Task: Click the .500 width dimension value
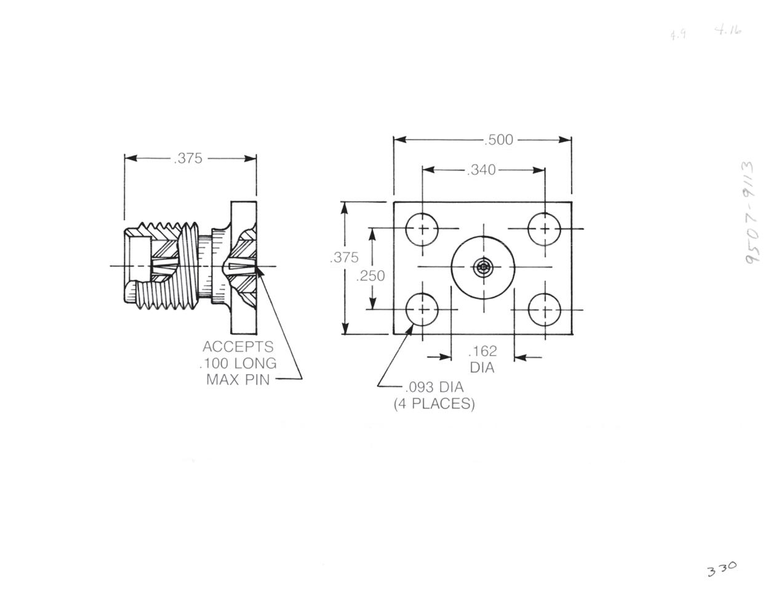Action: tap(498, 140)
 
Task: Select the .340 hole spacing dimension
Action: tap(481, 169)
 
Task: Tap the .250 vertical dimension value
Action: tap(370, 276)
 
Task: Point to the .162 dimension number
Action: tap(482, 351)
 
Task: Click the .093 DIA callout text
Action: tap(434, 388)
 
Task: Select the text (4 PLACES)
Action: tap(434, 404)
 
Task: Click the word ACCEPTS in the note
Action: tap(238, 346)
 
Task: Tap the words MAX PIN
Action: tap(238, 379)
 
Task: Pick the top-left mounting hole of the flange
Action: tap(422, 229)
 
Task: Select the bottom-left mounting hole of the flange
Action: tap(422, 309)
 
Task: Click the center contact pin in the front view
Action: tap(484, 267)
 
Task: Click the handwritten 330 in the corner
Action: tap(721, 569)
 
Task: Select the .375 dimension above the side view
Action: tap(188, 158)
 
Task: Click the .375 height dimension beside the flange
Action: tap(344, 258)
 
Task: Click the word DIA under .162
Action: tap(482, 368)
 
